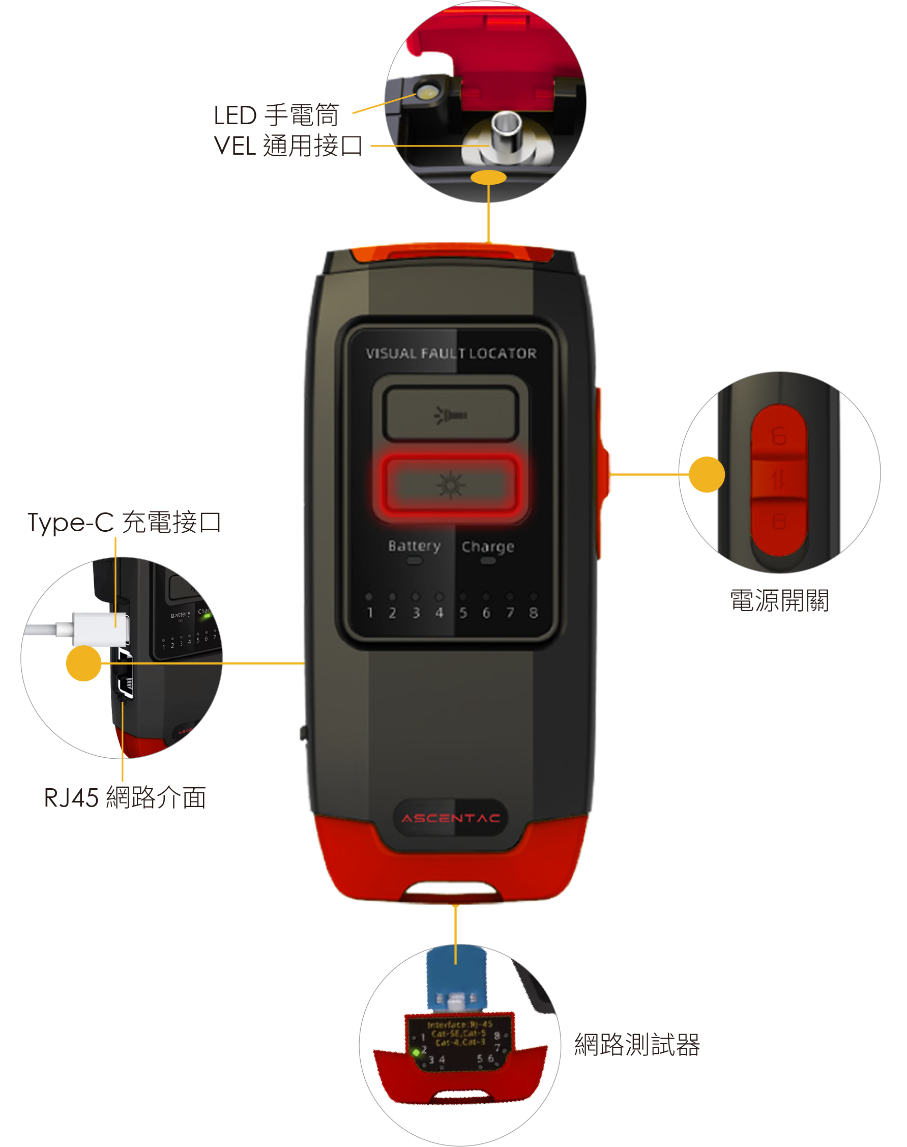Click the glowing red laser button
(450, 484)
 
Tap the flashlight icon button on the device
(450, 415)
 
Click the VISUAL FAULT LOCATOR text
(451, 353)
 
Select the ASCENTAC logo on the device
(451, 818)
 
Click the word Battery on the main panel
(414, 546)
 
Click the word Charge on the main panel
(487, 547)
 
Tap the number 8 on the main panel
(533, 613)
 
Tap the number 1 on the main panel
(370, 613)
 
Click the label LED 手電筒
(276, 116)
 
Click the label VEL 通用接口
(288, 146)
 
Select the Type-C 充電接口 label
(124, 522)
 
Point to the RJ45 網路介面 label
(125, 797)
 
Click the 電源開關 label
(779, 601)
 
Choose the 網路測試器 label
(637, 1045)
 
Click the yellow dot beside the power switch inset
(706, 474)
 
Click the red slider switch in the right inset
(778, 478)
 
